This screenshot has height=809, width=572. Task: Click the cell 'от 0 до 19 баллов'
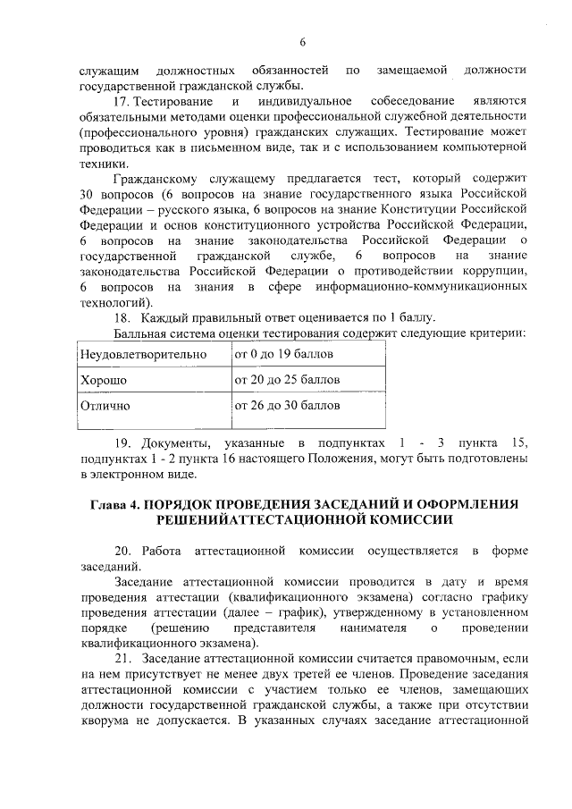pyautogui.click(x=283, y=355)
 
